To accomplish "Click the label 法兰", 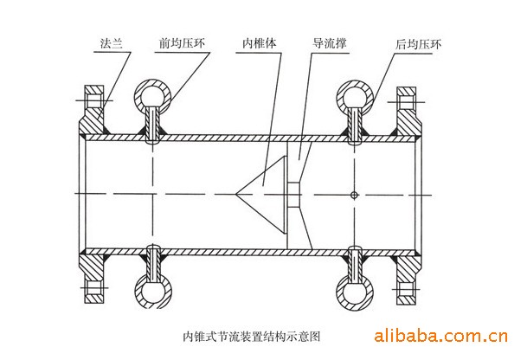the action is (112, 43).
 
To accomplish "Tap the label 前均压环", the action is (182, 43).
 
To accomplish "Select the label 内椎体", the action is (260, 43).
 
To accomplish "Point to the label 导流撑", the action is (330, 43).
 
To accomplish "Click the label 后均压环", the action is (418, 44).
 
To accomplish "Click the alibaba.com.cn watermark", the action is (440, 336).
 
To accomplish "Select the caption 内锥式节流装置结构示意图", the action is (252, 336).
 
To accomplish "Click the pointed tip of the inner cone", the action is (235, 194).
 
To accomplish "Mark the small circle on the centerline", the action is (354, 195).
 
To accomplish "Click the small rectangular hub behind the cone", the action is (294, 195).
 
